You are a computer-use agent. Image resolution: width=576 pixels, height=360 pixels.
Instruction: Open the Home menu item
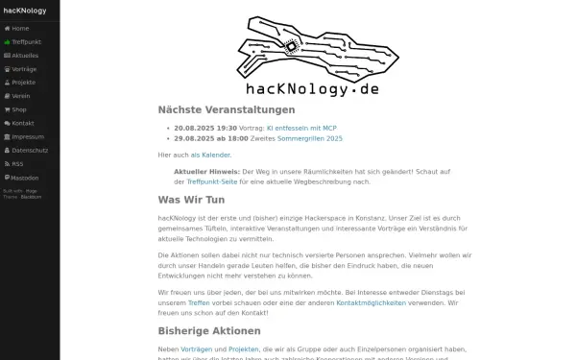[x=20, y=28]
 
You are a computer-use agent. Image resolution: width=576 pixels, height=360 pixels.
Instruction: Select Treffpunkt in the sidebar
[x=25, y=42]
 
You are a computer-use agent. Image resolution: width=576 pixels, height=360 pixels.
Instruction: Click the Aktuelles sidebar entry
[x=25, y=56]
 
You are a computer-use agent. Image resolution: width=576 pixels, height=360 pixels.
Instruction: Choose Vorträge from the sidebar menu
[x=24, y=69]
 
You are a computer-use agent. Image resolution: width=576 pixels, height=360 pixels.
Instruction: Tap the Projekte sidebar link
[x=24, y=83]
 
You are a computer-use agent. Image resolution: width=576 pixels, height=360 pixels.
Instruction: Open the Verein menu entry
[x=21, y=96]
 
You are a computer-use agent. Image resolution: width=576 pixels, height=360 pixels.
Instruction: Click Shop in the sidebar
[x=20, y=109]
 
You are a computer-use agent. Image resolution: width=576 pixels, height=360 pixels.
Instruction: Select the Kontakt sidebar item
[x=23, y=123]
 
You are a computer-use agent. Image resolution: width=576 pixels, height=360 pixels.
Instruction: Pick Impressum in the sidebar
[x=26, y=136]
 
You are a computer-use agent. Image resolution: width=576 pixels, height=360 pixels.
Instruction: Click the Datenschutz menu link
[x=29, y=150]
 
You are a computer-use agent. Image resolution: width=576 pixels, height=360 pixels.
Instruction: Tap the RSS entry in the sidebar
[x=17, y=163]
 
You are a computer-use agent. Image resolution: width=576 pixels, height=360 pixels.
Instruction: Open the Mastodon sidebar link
[x=25, y=178]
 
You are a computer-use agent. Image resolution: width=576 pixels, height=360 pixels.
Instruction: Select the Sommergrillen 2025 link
[x=309, y=138]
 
